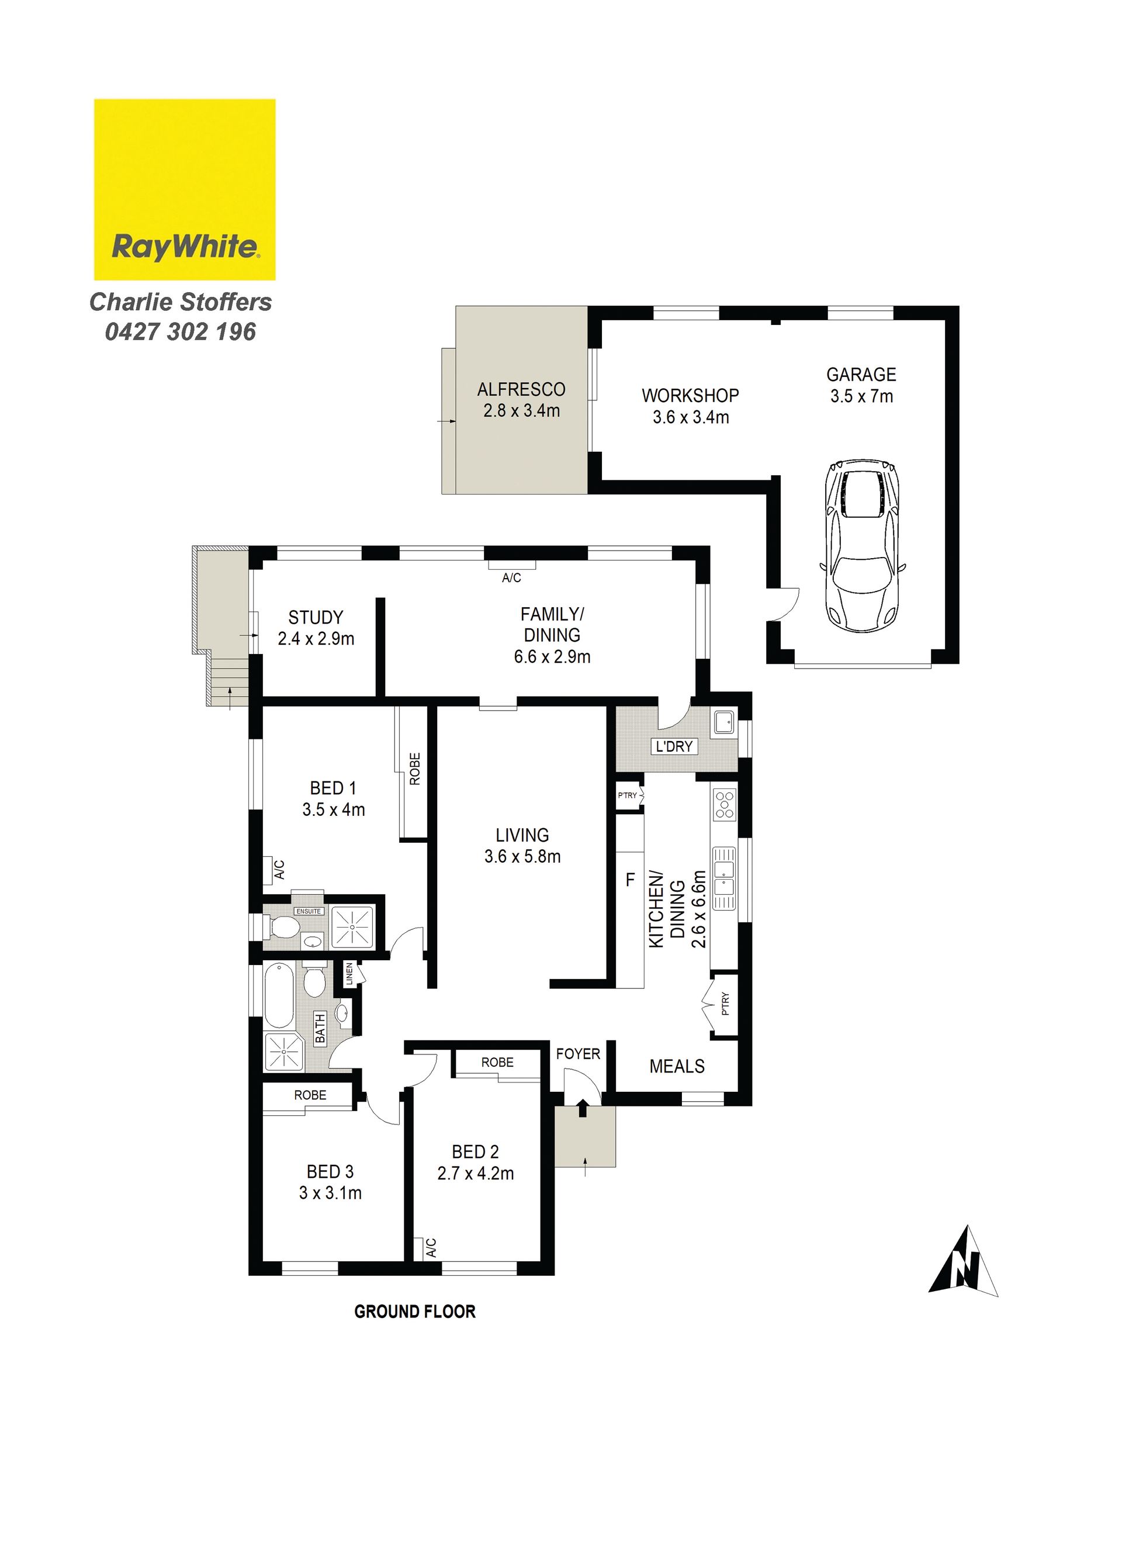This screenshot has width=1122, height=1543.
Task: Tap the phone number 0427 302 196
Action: click(x=181, y=332)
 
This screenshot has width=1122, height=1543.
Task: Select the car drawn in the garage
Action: click(x=862, y=544)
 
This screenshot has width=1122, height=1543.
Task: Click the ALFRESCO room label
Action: click(x=521, y=389)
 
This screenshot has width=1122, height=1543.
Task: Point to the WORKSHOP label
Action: click(x=691, y=395)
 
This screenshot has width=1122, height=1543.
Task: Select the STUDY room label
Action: click(x=316, y=617)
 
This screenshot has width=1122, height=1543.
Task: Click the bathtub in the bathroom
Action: click(x=279, y=995)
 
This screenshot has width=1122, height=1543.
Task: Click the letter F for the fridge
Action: click(x=630, y=880)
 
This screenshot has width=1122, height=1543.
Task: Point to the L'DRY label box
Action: click(x=674, y=746)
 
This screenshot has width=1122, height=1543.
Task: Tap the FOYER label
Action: click(x=579, y=1054)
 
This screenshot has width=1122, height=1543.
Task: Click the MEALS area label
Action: click(x=677, y=1066)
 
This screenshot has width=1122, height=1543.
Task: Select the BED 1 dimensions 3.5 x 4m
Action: click(x=334, y=809)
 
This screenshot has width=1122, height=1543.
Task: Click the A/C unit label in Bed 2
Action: click(x=431, y=1248)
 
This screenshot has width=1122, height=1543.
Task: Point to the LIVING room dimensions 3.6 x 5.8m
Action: click(x=522, y=857)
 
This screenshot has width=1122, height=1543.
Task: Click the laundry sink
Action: click(x=724, y=722)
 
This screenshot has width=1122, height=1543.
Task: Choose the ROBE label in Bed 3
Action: click(x=310, y=1095)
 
